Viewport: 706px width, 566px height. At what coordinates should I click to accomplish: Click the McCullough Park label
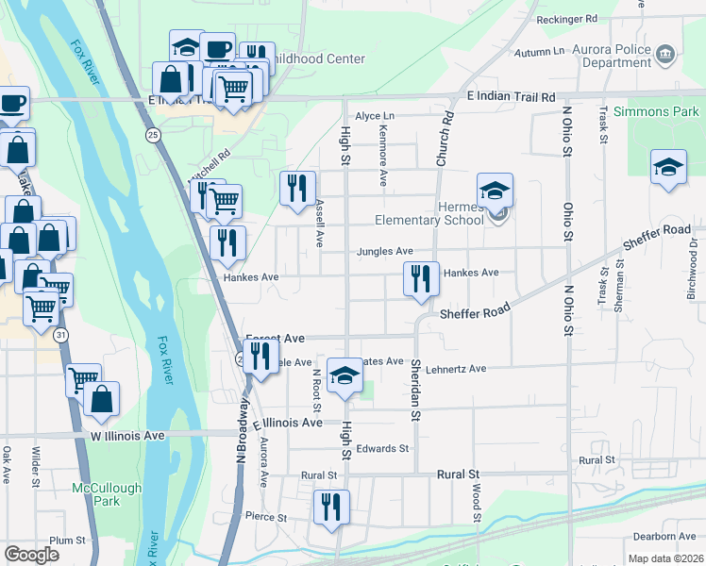pos(107,494)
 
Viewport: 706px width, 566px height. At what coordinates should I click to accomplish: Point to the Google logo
pos(31,555)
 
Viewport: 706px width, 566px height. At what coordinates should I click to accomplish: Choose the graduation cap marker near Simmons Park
pos(668,167)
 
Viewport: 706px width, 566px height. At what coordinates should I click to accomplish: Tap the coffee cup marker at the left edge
pos(12,103)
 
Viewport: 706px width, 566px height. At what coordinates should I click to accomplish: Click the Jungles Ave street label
pos(385,252)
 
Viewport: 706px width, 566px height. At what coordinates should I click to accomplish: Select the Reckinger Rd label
pos(566,19)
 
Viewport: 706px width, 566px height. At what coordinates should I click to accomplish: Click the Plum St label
pos(68,541)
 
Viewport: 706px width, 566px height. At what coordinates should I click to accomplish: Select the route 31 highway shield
pos(61,335)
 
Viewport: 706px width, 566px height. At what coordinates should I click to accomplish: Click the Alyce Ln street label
pos(374,116)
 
